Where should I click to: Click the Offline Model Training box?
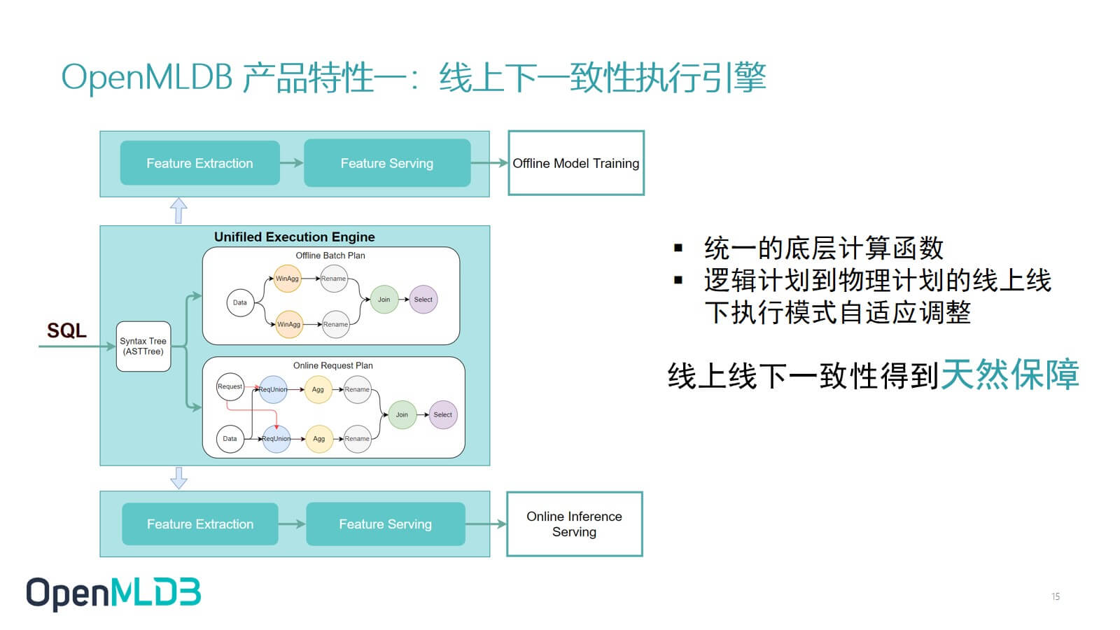(576, 163)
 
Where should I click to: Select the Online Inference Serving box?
(575, 524)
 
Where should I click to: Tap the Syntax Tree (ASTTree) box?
(143, 346)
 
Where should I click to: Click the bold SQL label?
(66, 330)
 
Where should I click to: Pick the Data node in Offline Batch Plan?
(240, 302)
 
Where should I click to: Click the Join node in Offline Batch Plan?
(384, 300)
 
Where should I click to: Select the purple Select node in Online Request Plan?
(443, 414)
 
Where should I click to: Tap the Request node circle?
(230, 386)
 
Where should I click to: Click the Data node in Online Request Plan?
(230, 438)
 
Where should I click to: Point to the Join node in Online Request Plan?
(402, 414)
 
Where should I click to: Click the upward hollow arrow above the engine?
(178, 210)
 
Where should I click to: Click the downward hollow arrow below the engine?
(178, 478)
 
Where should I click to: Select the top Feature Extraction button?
(200, 163)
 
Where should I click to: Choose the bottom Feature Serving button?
(386, 524)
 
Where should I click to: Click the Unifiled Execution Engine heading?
(295, 237)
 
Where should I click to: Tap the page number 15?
(1056, 596)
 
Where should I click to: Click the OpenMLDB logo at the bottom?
(113, 594)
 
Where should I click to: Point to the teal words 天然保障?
(1009, 374)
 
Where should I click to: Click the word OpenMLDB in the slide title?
(146, 78)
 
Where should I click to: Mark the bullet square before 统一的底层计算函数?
(678, 248)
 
